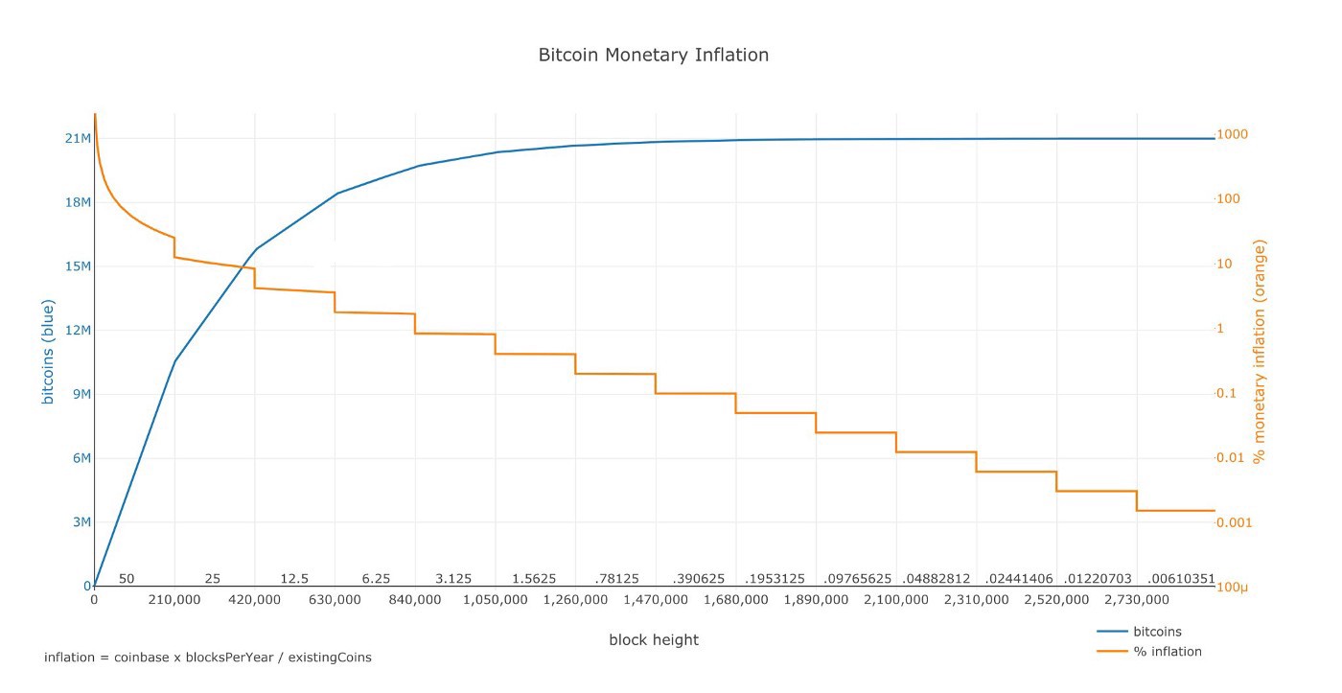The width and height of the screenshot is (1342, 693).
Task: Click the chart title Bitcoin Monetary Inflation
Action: click(653, 55)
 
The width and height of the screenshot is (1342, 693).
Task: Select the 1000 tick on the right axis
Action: click(1232, 134)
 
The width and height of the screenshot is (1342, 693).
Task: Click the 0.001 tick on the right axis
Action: click(1234, 522)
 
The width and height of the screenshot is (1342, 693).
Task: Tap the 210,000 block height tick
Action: click(174, 599)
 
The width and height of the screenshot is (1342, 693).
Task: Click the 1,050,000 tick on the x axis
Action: click(496, 599)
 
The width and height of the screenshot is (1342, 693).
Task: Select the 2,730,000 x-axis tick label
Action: click(1137, 599)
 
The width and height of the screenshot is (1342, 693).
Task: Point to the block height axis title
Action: click(654, 639)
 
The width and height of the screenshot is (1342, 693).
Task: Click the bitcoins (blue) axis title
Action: click(47, 352)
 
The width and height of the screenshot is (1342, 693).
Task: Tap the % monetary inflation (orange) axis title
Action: click(1260, 352)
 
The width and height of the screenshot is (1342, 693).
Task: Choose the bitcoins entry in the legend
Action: click(1157, 632)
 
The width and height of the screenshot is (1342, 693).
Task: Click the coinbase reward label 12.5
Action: click(294, 579)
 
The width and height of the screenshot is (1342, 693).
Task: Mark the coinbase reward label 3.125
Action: click(453, 579)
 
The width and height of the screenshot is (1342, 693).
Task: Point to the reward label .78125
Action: click(616, 579)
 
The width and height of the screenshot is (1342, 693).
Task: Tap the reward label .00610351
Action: click(1181, 579)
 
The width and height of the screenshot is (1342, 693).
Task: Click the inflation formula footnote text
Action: click(208, 658)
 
